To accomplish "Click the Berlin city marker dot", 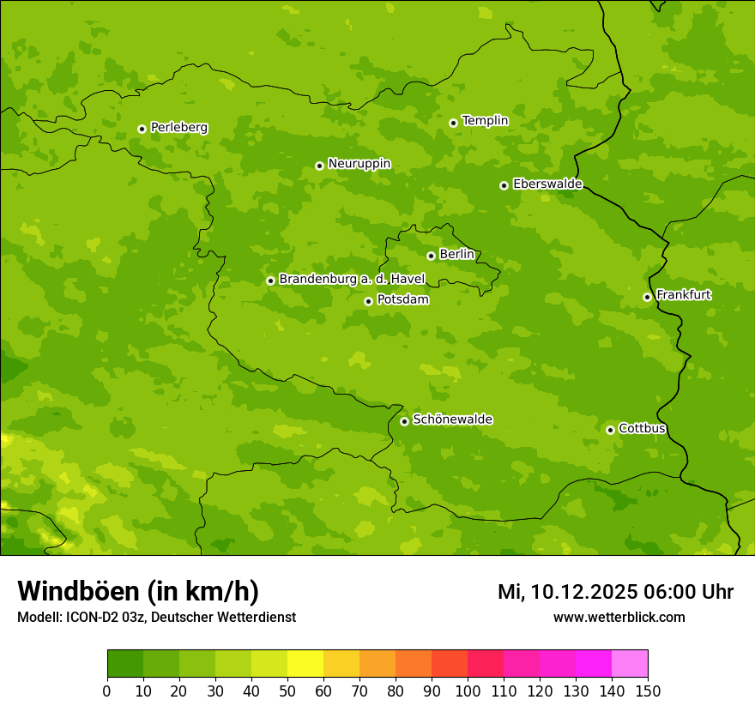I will click(x=431, y=256).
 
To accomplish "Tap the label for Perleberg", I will click(x=178, y=128).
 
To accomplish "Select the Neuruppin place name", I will click(x=359, y=164).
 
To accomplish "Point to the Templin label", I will click(x=485, y=121).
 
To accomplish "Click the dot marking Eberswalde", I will click(x=504, y=185).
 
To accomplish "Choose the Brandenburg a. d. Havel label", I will click(x=352, y=280).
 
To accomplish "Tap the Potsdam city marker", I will click(x=368, y=301).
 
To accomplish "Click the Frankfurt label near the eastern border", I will click(x=683, y=295).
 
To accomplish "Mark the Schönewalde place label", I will click(x=452, y=419).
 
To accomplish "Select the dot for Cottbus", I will click(x=610, y=430).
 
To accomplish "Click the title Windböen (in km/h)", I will click(x=138, y=591).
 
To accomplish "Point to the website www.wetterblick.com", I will click(x=619, y=617).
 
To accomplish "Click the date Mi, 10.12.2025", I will click(x=567, y=592).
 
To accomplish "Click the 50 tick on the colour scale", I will click(x=287, y=691).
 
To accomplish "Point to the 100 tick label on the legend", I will click(x=468, y=691).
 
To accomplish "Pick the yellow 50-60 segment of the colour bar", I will click(x=305, y=664).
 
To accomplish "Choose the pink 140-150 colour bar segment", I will click(x=630, y=664).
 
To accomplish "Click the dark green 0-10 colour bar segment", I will click(x=125, y=664).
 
